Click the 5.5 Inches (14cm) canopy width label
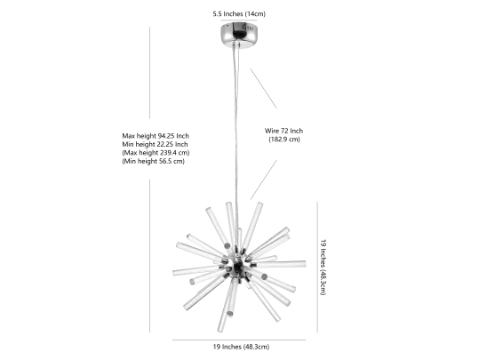(x=239, y=13)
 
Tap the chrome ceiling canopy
(x=239, y=32)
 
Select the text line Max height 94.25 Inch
(x=156, y=136)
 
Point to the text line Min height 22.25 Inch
(x=155, y=144)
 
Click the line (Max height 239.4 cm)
(x=156, y=153)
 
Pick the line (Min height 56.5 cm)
(x=154, y=161)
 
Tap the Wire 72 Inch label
(x=283, y=131)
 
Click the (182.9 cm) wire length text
(x=284, y=140)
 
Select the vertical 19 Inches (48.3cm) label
(x=323, y=267)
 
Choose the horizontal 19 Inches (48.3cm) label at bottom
(x=241, y=347)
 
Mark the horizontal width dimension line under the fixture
(x=239, y=340)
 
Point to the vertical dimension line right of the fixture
(x=317, y=267)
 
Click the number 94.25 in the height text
(x=166, y=136)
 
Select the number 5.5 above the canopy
(x=218, y=13)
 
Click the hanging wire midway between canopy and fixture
(x=236, y=123)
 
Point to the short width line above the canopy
(x=239, y=20)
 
